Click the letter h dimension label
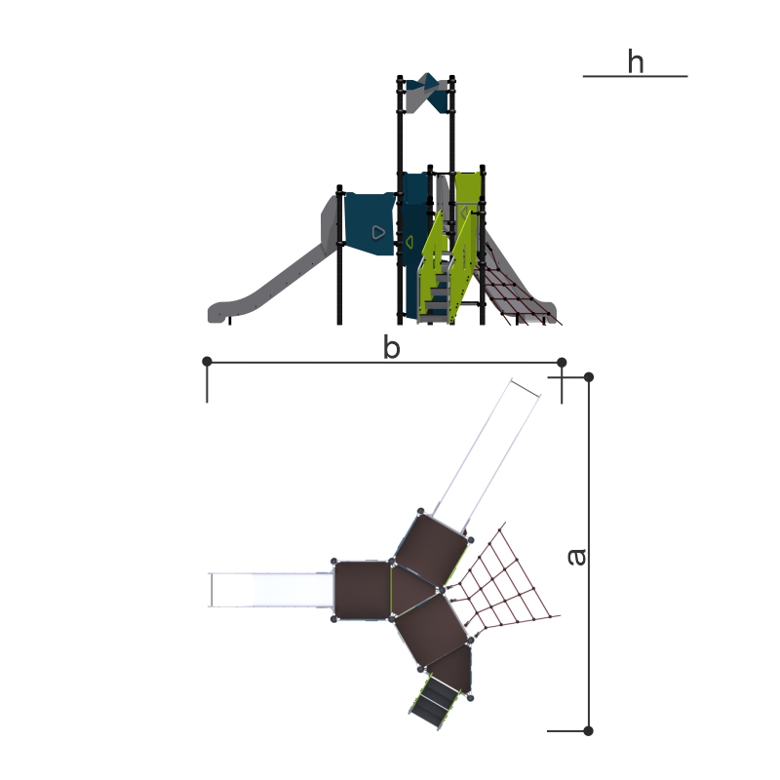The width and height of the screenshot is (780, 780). [636, 61]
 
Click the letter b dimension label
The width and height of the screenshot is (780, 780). [392, 347]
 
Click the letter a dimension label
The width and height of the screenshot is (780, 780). [577, 557]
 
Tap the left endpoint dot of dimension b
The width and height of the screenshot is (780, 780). [208, 361]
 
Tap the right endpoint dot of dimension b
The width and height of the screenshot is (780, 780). [562, 362]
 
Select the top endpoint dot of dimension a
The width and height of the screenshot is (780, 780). [589, 377]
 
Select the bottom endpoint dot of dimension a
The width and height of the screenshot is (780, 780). [589, 730]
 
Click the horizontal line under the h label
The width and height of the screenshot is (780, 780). [636, 76]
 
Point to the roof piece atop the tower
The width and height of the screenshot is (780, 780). [426, 93]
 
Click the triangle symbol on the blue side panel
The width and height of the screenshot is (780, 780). [378, 232]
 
